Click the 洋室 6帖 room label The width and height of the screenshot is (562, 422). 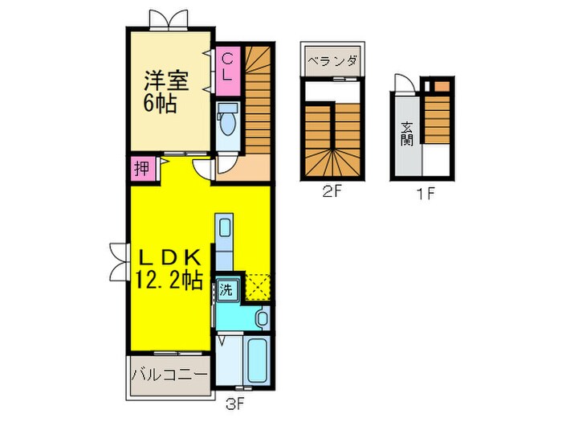(166, 92)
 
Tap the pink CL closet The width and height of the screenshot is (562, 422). (227, 67)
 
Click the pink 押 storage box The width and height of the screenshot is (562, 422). (141, 169)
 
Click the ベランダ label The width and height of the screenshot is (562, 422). (331, 60)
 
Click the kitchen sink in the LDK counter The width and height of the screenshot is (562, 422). (224, 227)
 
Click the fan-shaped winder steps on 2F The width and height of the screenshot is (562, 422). (330, 165)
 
